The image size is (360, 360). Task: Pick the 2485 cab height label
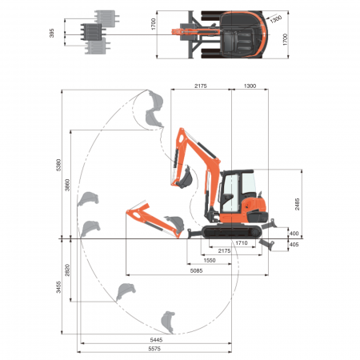[298, 204]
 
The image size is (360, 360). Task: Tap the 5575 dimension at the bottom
[155, 350]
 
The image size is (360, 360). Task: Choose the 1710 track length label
[242, 242]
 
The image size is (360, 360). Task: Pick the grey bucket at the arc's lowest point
[167, 321]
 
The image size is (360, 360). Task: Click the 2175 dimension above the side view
[201, 85]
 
